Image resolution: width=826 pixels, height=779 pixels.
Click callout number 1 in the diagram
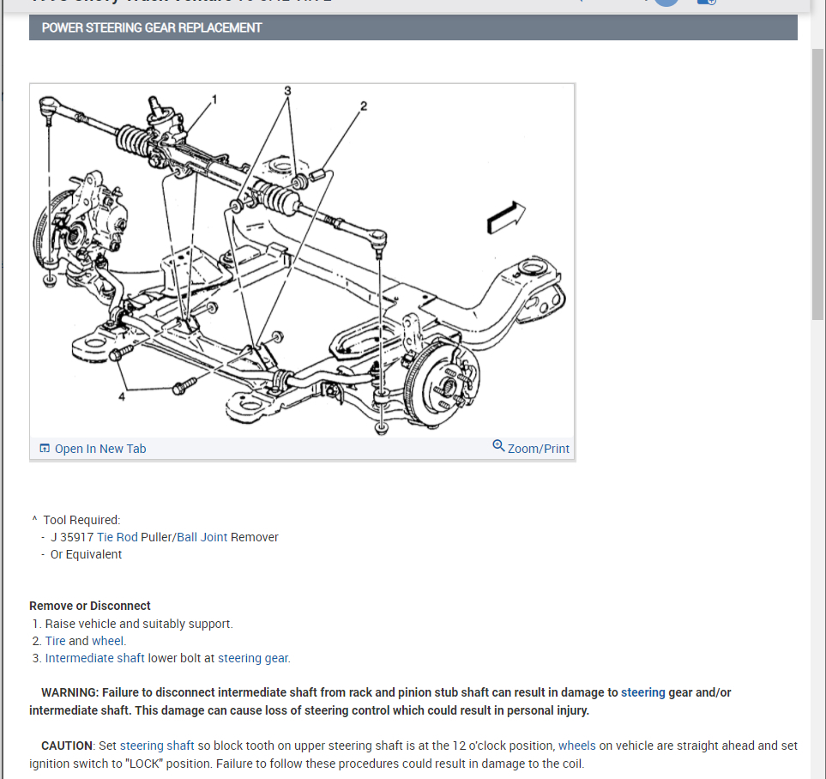tap(214, 100)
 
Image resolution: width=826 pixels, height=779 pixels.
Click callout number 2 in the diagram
tap(364, 106)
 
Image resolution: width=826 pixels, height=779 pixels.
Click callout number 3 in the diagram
tap(288, 90)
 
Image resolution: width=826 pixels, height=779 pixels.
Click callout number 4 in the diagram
tap(122, 396)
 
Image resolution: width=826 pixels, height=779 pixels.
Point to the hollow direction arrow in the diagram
tap(505, 218)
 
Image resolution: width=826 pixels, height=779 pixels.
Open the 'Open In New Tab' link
tap(99, 449)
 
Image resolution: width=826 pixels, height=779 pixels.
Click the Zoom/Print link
tap(538, 449)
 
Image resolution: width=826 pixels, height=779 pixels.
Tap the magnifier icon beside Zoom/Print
tap(498, 446)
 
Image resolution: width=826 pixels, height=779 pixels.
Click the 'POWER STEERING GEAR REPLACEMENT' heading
tap(152, 27)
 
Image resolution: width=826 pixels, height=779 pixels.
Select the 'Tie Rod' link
tap(118, 537)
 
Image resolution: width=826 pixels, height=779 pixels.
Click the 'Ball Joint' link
tap(202, 537)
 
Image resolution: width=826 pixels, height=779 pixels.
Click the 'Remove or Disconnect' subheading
tap(90, 606)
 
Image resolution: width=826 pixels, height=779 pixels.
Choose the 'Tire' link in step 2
tap(55, 641)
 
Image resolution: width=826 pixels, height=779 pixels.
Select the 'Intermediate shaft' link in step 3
tap(94, 658)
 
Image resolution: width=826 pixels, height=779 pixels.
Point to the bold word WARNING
tap(69, 692)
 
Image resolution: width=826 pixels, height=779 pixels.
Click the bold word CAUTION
tap(66, 746)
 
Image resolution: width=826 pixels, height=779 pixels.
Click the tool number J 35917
tap(72, 537)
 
